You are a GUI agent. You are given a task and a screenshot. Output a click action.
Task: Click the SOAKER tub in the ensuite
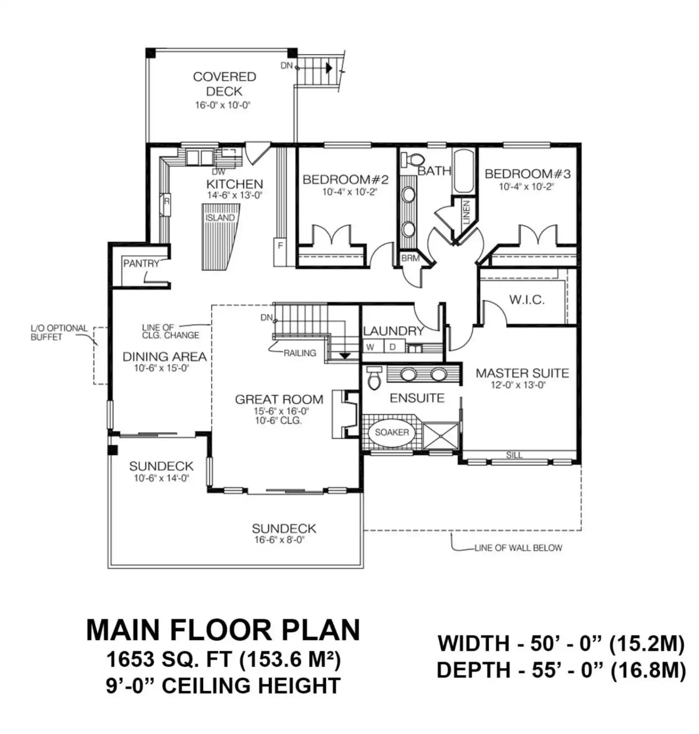click(x=392, y=432)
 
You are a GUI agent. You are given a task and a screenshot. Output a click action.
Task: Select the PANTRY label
click(x=141, y=264)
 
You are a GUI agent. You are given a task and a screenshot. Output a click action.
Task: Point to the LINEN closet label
click(x=466, y=212)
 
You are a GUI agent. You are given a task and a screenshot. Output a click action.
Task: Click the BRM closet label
click(x=410, y=258)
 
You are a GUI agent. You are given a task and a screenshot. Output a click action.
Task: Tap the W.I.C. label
click(x=527, y=300)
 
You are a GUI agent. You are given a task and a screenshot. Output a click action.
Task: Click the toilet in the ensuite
click(x=374, y=379)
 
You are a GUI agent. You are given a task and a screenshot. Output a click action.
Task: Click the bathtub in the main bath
click(x=464, y=171)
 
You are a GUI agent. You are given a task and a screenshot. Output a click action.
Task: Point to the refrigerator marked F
click(x=280, y=252)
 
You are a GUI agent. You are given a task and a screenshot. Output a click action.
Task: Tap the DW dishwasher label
click(x=218, y=172)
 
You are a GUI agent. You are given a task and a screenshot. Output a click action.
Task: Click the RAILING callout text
click(x=300, y=353)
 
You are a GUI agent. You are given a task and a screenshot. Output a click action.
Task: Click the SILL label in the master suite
click(x=514, y=455)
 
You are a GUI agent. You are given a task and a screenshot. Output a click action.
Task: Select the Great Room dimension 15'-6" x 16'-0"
click(x=281, y=411)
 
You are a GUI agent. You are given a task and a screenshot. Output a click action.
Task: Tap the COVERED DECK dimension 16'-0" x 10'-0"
click(x=223, y=105)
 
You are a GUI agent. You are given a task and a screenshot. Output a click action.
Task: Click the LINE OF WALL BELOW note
click(x=518, y=548)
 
